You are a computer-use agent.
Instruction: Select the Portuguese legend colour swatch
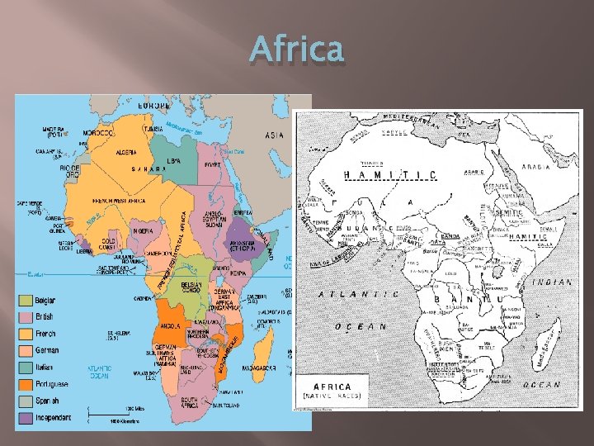[x=26, y=383]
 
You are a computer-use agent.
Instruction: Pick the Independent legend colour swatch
[x=26, y=418]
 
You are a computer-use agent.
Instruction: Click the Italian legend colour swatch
[x=26, y=367]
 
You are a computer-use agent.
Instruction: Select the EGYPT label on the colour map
[x=213, y=165]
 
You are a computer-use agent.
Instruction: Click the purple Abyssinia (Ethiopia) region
[x=239, y=230]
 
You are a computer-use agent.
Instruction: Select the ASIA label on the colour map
[x=274, y=135]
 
